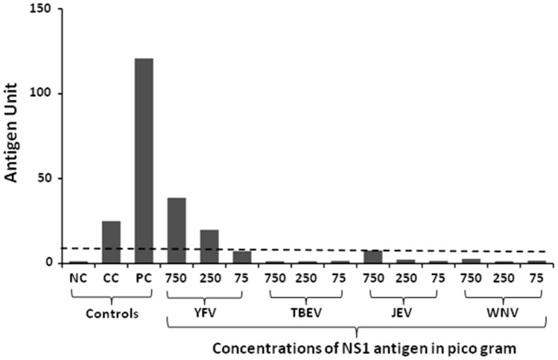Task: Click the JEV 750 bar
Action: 373,256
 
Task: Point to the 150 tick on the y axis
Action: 46,9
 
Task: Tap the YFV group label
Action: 210,314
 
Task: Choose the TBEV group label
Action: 308,314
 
